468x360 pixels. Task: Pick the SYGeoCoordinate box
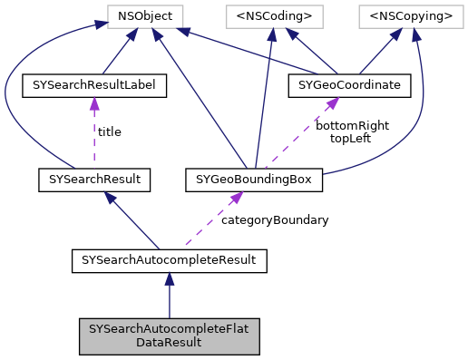349,86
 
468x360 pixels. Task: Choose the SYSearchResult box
93,180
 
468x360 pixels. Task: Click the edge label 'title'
109,131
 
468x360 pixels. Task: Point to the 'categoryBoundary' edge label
275,219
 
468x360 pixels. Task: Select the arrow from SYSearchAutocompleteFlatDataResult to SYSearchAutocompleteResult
170,299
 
